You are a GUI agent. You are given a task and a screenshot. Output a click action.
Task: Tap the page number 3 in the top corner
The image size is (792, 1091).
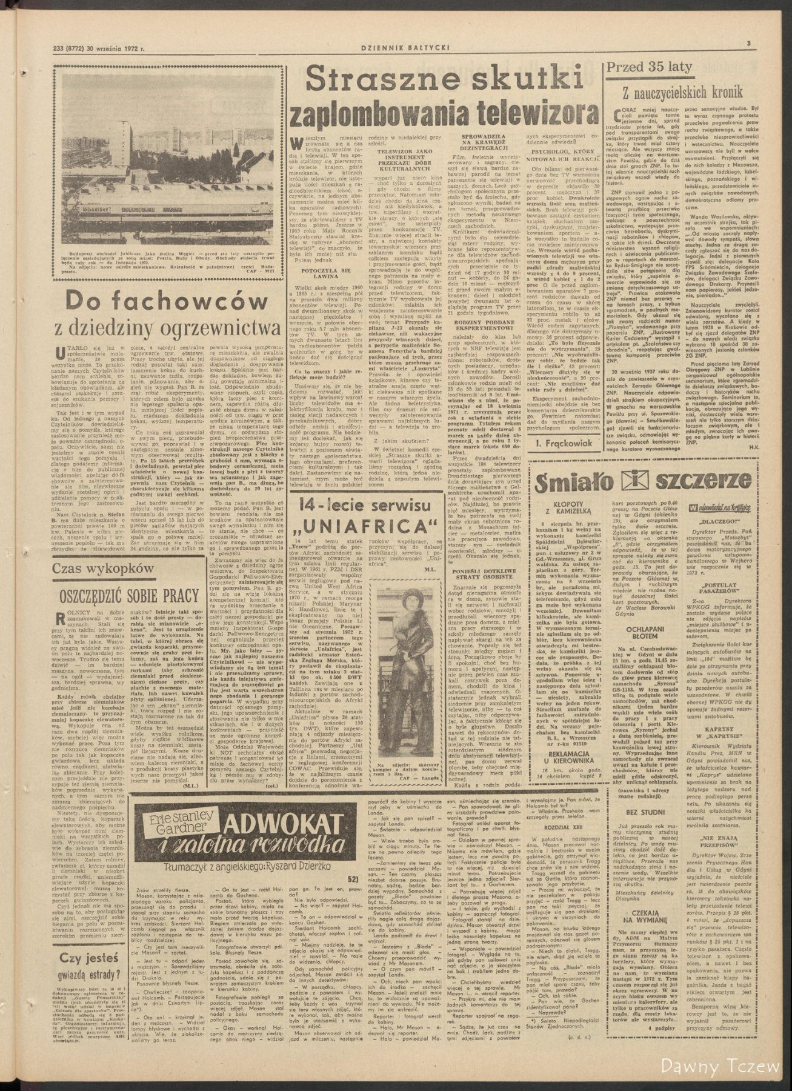pos(749,42)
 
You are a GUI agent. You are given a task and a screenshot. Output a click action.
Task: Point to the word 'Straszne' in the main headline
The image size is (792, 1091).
pos(376,80)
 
